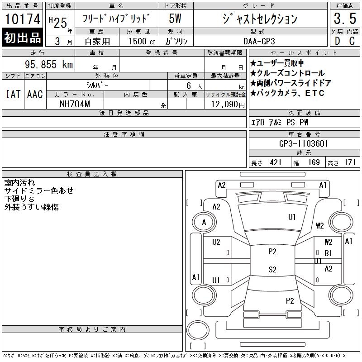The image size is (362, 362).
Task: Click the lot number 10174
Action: point(22,19)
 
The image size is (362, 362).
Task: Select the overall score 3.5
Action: point(345,19)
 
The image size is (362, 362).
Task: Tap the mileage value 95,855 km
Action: point(49,64)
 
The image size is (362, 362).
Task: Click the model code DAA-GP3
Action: point(259,41)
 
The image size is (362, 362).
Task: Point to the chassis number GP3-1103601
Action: point(304,143)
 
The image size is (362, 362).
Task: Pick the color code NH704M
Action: point(75,104)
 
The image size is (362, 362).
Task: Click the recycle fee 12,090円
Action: point(228,105)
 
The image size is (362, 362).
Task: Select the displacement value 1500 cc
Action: point(142,41)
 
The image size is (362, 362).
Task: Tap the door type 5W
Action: point(175,19)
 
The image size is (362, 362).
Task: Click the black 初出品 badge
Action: point(22,38)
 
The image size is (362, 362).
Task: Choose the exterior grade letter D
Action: point(337,41)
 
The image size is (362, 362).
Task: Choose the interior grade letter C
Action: point(352,41)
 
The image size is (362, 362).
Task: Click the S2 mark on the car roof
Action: point(272,269)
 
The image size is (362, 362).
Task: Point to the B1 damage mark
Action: point(328,253)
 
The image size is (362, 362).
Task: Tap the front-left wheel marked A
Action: point(204,222)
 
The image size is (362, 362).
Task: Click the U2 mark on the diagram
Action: point(216,242)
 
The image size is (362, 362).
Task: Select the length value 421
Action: point(276,162)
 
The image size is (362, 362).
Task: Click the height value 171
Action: point(350,162)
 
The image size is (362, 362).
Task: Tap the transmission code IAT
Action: point(13,94)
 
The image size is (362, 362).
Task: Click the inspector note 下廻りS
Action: point(19,199)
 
